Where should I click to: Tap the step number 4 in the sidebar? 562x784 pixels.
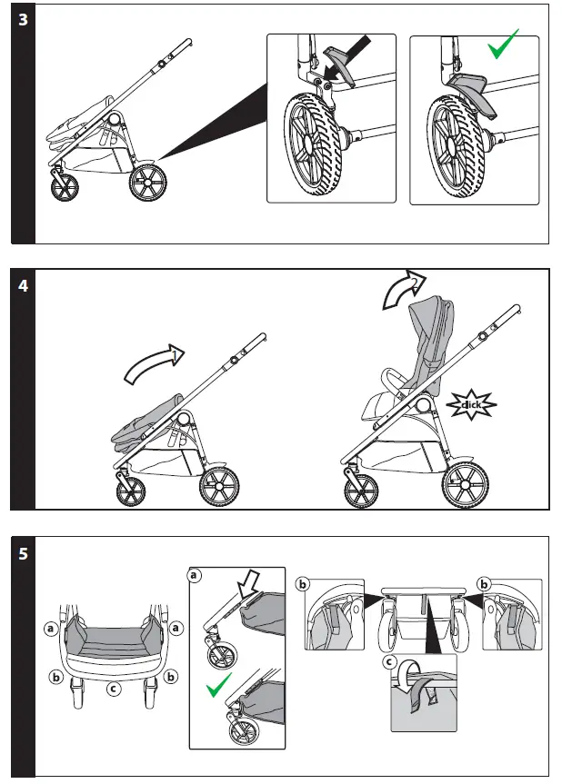point(23,285)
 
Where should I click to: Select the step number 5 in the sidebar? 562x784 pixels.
point(23,553)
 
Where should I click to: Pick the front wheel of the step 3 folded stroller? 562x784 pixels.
point(64,187)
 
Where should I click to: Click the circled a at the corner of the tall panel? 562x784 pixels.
point(194,575)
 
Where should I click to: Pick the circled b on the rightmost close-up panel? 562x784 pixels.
point(484,582)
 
